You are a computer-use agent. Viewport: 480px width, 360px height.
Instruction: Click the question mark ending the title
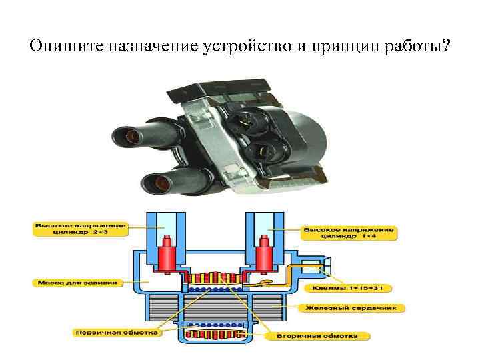tap(445, 47)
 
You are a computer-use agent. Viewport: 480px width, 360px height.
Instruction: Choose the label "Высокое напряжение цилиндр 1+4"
tap(349, 232)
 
